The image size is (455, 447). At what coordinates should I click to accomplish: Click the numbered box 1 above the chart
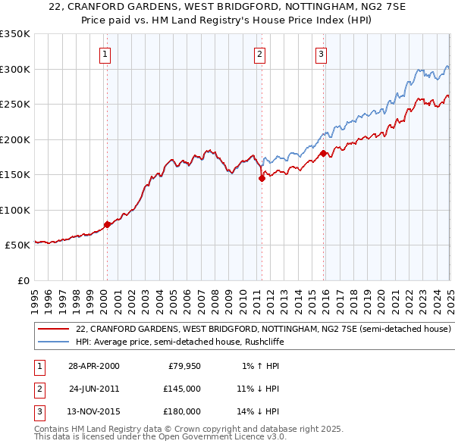105,54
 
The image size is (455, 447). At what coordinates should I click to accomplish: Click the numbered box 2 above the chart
259,54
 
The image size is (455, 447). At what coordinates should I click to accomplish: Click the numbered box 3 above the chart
321,54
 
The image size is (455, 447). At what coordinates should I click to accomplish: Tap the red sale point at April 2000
107,224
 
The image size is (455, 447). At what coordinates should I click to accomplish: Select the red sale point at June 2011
262,179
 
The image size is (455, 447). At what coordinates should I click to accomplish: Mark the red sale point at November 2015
323,154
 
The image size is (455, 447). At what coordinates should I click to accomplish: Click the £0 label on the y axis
22,280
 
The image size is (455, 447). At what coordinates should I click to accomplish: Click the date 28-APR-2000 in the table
93,366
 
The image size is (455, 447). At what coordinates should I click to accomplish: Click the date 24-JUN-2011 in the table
93,389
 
